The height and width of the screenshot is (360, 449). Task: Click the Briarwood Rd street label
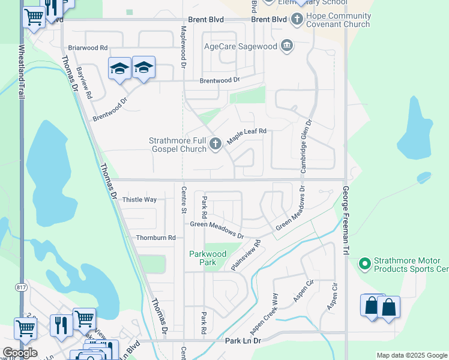pos(88,47)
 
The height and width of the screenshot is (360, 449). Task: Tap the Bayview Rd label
pos(85,83)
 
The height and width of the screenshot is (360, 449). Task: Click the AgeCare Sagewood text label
pos(241,46)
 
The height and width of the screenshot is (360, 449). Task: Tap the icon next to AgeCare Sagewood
pos(287,46)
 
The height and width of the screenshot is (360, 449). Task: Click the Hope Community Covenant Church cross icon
pos(297,19)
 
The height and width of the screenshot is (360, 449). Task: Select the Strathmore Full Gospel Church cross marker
pos(215,143)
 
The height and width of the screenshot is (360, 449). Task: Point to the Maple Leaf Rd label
pos(246,136)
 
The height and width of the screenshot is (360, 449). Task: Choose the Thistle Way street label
pos(139,199)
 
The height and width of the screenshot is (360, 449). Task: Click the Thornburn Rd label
pos(155,238)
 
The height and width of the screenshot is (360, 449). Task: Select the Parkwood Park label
pos(208,258)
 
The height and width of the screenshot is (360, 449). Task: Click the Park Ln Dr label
pos(243,341)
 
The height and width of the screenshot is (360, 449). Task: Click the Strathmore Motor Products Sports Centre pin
pos(364,264)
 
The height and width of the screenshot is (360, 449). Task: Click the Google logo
pos(20,353)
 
